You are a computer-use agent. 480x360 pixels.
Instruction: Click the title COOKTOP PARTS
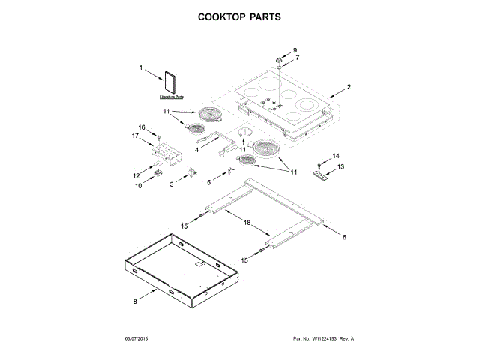[x=239, y=16]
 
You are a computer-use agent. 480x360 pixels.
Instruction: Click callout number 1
[x=141, y=67]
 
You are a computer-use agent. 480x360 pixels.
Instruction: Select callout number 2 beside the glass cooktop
[x=349, y=87]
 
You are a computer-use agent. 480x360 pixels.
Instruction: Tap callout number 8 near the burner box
[x=136, y=301]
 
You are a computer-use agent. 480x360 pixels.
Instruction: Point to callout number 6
[x=344, y=237]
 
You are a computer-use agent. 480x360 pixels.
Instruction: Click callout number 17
[x=136, y=136]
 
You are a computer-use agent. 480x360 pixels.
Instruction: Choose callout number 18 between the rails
[x=247, y=223]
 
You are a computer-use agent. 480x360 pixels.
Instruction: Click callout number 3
[x=172, y=184]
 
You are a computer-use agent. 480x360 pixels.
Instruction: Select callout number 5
[x=210, y=181]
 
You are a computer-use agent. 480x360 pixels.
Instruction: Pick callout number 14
[x=335, y=155]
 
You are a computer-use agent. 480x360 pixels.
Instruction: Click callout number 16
[x=141, y=127]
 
